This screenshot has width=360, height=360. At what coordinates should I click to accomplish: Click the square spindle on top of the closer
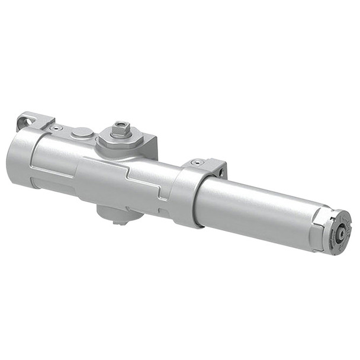121,128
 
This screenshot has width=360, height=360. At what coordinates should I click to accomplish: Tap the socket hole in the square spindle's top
121,125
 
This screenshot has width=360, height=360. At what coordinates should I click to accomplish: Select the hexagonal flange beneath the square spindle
121,140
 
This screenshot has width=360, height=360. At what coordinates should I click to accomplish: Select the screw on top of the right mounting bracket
197,162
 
